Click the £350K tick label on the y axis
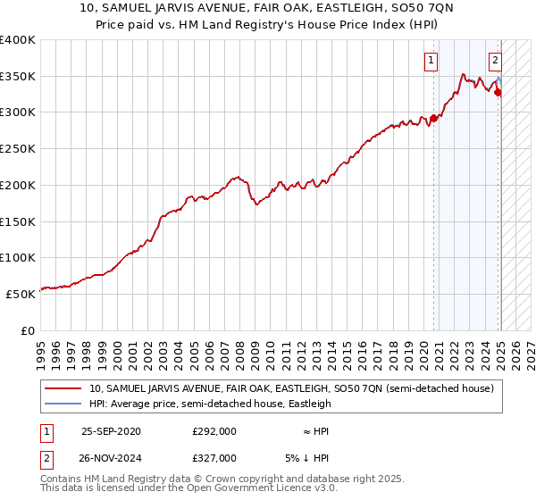coord(18,77)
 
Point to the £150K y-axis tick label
coord(18,221)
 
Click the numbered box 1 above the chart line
coord(431,61)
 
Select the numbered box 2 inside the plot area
coord(495,61)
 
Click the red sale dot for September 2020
coord(433,118)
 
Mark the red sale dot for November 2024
coord(498,92)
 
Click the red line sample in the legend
coord(63,389)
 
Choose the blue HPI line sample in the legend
coord(63,404)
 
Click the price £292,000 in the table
coord(214,431)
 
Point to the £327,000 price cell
coord(214,458)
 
